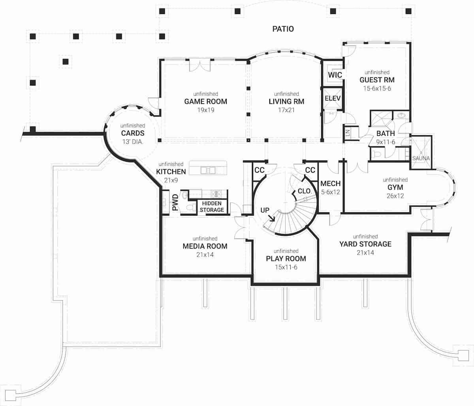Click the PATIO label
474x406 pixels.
pos(283,29)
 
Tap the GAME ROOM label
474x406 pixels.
pos(205,101)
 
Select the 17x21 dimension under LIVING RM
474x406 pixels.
pos(286,110)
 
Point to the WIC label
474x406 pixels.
pos(335,75)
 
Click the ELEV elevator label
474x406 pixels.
pos(332,98)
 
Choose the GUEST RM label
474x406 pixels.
pos(377,80)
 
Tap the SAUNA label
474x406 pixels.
pos(421,158)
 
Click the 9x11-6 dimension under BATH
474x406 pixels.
pos(386,142)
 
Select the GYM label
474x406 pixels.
pos(395,187)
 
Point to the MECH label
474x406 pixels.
pos(330,184)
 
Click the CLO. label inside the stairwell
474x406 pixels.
pos(305,191)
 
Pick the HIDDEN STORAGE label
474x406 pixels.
pos(212,207)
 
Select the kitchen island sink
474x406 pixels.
pos(207,170)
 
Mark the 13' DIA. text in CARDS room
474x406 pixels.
pos(132,142)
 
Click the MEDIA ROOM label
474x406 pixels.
pos(205,246)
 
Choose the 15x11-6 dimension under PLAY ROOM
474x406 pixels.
pos(286,267)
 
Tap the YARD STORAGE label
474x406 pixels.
pos(365,244)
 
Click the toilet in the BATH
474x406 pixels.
pos(376,154)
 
